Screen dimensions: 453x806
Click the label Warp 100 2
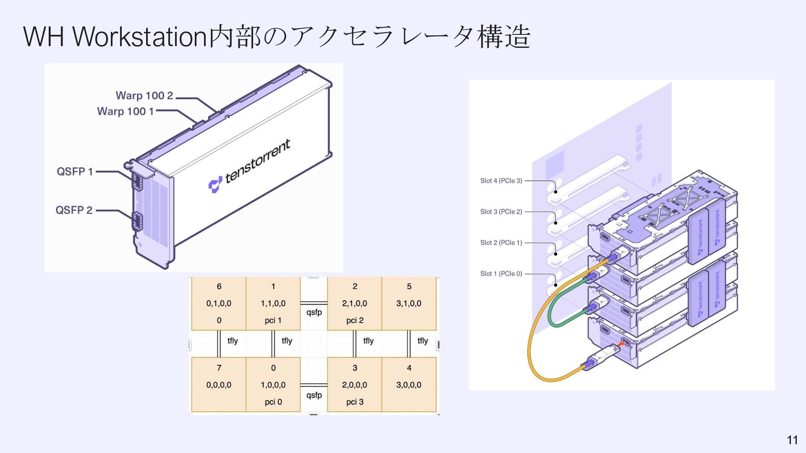(x=144, y=96)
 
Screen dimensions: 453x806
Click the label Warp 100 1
(x=126, y=112)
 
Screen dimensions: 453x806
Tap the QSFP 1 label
(x=75, y=172)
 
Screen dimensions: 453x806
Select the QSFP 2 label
(x=74, y=210)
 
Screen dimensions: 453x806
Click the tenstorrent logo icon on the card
(x=215, y=185)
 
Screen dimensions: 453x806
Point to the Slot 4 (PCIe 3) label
(x=501, y=181)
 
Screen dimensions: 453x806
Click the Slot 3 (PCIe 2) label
(x=501, y=212)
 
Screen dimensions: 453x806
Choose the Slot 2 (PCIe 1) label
(x=501, y=243)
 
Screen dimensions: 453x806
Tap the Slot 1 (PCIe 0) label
(x=501, y=274)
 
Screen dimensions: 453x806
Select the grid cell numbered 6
(x=219, y=303)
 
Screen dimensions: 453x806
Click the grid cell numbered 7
(x=219, y=385)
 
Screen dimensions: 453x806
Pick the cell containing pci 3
(x=355, y=385)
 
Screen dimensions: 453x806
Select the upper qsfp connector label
(x=314, y=312)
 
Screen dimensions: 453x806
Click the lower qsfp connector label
(x=314, y=395)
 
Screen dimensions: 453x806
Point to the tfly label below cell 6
(x=233, y=341)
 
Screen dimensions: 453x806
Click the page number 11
(x=792, y=440)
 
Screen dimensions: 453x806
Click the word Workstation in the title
(x=140, y=36)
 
